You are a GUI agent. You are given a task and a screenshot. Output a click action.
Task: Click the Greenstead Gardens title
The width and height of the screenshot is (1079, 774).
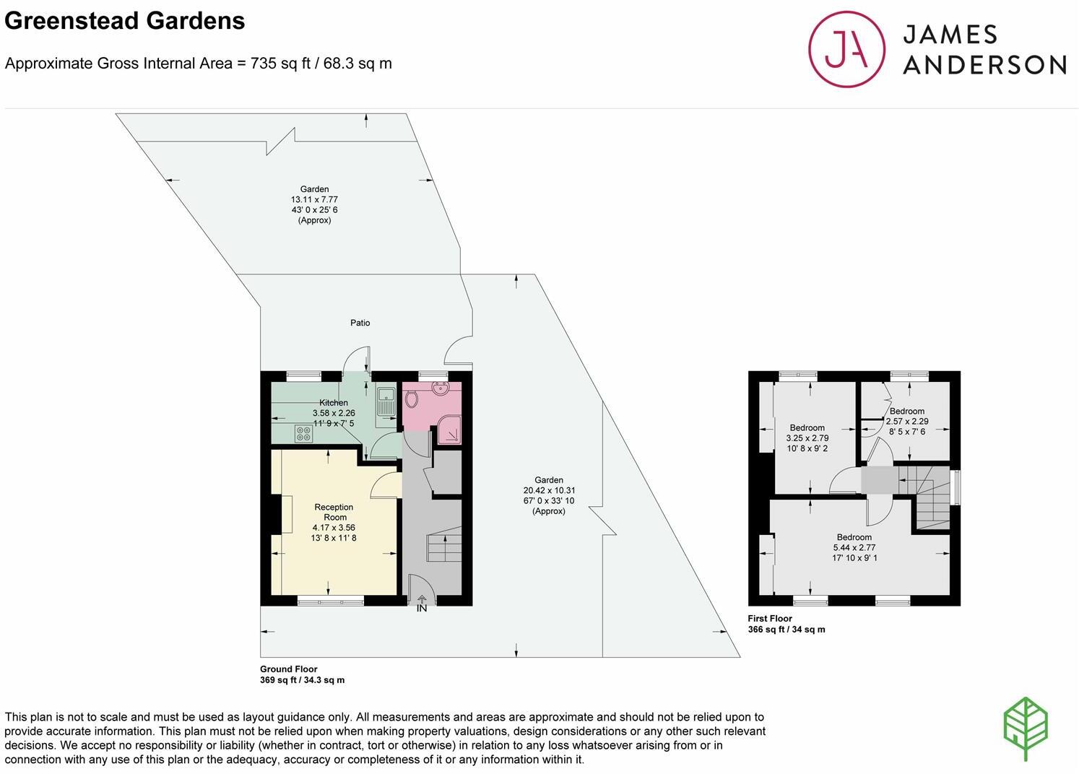(x=125, y=21)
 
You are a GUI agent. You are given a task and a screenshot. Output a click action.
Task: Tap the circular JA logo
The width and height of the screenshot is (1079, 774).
(x=846, y=49)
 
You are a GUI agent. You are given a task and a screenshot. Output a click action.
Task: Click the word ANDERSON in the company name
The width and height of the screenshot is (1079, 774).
(x=984, y=65)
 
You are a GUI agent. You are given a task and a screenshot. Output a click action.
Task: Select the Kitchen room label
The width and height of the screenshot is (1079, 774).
(x=334, y=403)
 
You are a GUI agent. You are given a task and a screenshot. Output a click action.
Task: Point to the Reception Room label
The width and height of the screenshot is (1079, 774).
(x=334, y=512)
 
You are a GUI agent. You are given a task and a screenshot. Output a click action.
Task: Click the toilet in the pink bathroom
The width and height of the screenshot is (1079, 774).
(x=412, y=399)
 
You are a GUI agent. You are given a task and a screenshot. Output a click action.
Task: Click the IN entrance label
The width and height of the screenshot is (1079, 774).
(x=422, y=609)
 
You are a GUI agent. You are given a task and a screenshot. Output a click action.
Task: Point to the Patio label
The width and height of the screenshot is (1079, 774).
(x=360, y=323)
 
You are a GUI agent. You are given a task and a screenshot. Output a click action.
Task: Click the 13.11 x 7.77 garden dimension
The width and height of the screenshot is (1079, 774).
(x=314, y=199)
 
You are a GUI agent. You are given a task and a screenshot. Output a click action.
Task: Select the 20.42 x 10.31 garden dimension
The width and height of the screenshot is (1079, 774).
(x=549, y=490)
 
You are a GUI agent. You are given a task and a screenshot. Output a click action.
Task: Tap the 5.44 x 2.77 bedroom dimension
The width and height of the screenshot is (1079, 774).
(x=854, y=547)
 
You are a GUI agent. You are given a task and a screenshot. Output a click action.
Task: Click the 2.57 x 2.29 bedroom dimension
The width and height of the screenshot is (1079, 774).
(x=907, y=422)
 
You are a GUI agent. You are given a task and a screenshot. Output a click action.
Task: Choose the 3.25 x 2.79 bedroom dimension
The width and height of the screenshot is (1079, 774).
(x=807, y=438)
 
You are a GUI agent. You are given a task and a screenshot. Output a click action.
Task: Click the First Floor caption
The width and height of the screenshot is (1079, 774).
(x=770, y=618)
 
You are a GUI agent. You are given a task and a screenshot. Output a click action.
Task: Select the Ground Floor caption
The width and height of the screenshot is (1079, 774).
(x=289, y=669)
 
